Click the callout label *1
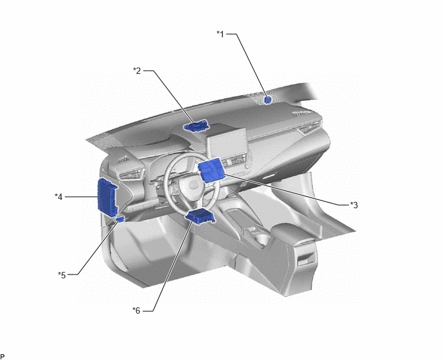pos(220,34)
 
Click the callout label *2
pos(137,71)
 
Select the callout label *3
pos(354,205)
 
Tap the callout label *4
pos(58,197)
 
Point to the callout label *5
pos(62,274)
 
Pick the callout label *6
pos(136,310)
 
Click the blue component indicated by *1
pos(268,100)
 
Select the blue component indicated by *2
pos(196,126)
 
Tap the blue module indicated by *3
pos(211,170)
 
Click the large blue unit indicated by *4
pos(107,197)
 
